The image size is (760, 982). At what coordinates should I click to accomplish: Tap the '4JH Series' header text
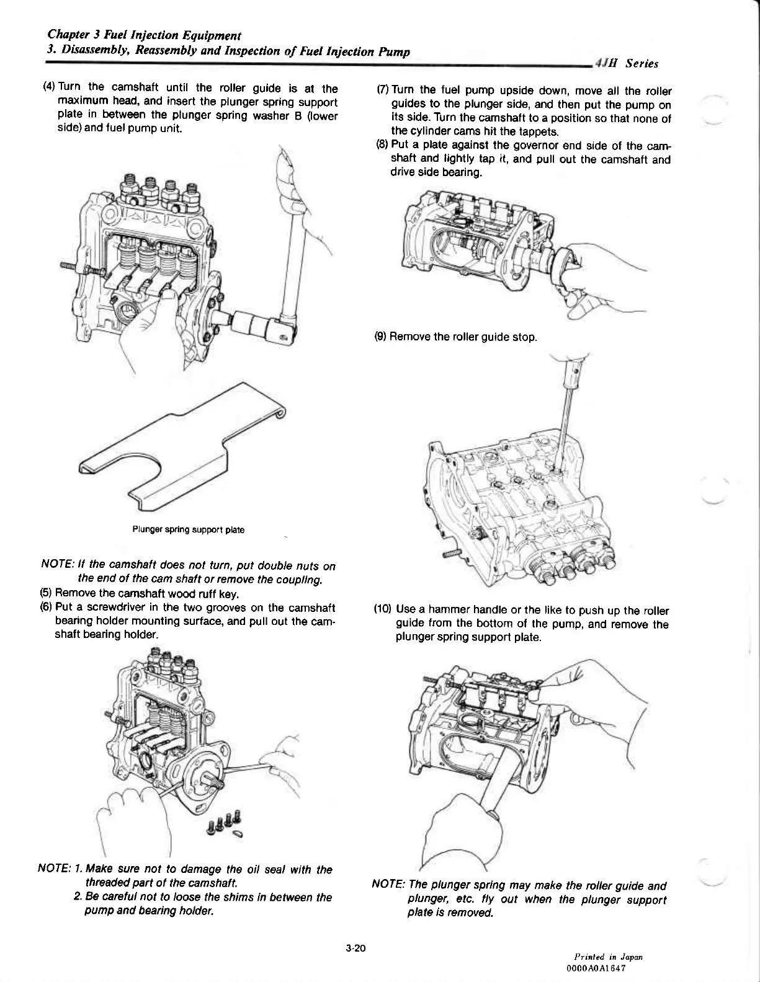click(x=626, y=63)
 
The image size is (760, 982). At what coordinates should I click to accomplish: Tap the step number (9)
click(x=380, y=337)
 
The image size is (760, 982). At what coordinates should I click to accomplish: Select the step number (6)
click(x=46, y=607)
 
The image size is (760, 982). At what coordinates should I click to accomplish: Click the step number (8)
click(x=382, y=146)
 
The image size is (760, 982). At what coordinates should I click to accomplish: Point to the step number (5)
click(x=46, y=594)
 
